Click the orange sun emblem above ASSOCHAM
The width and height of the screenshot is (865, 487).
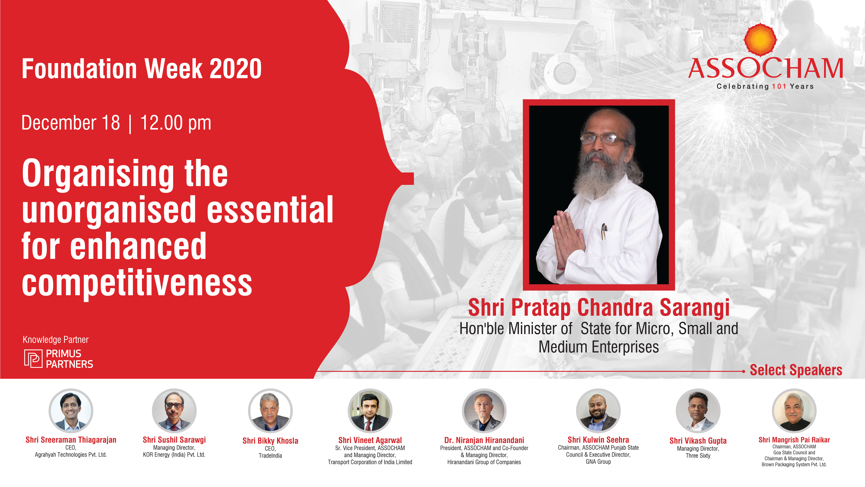(x=760, y=40)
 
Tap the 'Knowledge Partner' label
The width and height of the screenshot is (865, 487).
(x=55, y=340)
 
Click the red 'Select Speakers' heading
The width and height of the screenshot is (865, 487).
(x=796, y=370)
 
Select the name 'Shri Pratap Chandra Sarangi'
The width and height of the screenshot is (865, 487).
(x=599, y=308)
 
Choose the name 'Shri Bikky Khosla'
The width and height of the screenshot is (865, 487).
(x=270, y=441)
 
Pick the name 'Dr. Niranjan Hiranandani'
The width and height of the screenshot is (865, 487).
(x=484, y=440)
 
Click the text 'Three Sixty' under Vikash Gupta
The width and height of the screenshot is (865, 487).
(x=698, y=456)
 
